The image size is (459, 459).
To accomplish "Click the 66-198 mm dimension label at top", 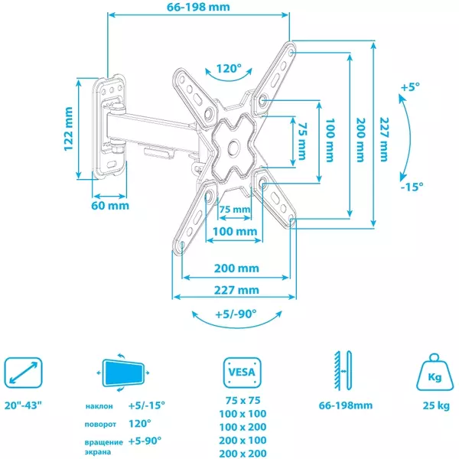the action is [198, 7].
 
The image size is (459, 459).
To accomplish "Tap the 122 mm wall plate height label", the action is [69, 129].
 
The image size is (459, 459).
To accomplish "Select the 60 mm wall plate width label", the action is [110, 206].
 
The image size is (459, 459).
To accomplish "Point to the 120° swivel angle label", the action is [229, 69].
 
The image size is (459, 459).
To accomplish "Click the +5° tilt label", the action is [410, 87].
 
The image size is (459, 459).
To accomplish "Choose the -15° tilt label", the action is [412, 187].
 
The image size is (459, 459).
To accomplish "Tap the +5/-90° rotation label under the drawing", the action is [236, 314].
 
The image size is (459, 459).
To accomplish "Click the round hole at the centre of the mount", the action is [234, 147].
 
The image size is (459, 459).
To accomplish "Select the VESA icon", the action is [242, 373].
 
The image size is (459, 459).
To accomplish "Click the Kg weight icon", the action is [435, 373].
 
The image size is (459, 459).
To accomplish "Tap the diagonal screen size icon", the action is [23, 373].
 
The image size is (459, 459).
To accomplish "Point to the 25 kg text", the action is [436, 405].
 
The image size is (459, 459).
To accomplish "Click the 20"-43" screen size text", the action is [23, 405].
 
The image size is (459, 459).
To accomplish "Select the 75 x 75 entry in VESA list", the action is [243, 400].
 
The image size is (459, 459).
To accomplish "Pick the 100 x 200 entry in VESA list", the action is [243, 427].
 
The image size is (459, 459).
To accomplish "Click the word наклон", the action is [99, 406].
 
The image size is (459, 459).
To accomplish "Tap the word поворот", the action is [100, 424].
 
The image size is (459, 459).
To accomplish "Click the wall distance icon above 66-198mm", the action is [343, 370].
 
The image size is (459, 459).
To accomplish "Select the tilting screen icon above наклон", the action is [123, 373].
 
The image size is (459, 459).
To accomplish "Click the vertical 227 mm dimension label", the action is [384, 139].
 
